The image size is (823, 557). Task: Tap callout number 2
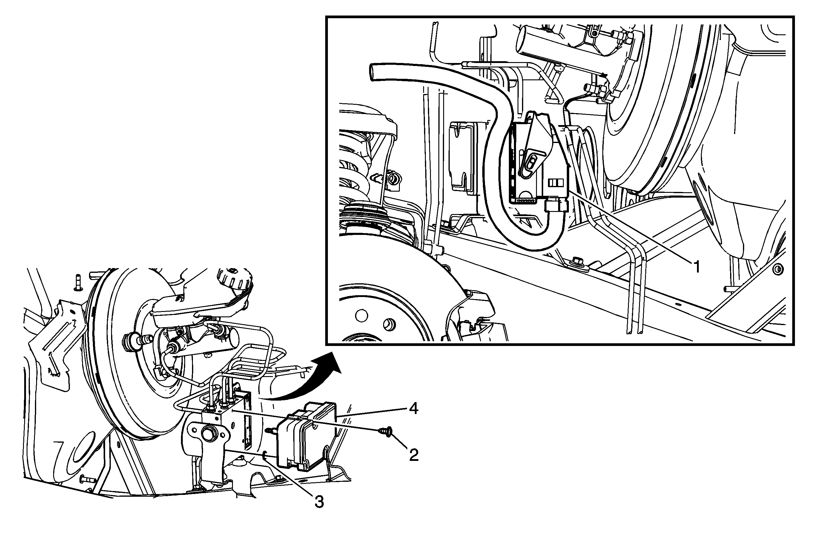(x=414, y=455)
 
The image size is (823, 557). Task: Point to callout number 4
(x=413, y=410)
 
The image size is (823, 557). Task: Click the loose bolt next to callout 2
(x=386, y=431)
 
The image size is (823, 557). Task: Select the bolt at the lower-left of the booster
(x=87, y=479)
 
